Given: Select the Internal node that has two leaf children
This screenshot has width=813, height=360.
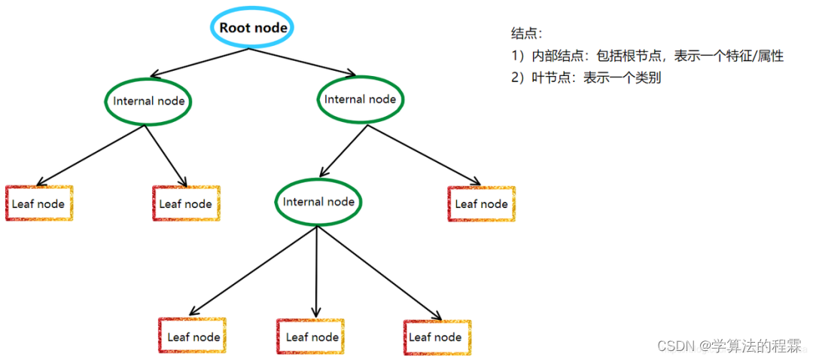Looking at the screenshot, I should [148, 101].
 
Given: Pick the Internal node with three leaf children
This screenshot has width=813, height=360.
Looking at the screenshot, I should [318, 202].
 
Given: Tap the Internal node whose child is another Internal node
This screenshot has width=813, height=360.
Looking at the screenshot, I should [360, 99].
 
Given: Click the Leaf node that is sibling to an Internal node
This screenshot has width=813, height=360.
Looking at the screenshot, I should [481, 203].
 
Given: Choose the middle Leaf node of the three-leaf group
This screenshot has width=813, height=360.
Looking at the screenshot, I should [311, 337].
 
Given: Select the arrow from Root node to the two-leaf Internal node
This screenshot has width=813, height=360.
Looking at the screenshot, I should [199, 62].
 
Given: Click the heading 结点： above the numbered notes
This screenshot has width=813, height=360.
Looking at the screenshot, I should [526, 33].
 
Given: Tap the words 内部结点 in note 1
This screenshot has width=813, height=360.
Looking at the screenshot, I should [556, 56].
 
